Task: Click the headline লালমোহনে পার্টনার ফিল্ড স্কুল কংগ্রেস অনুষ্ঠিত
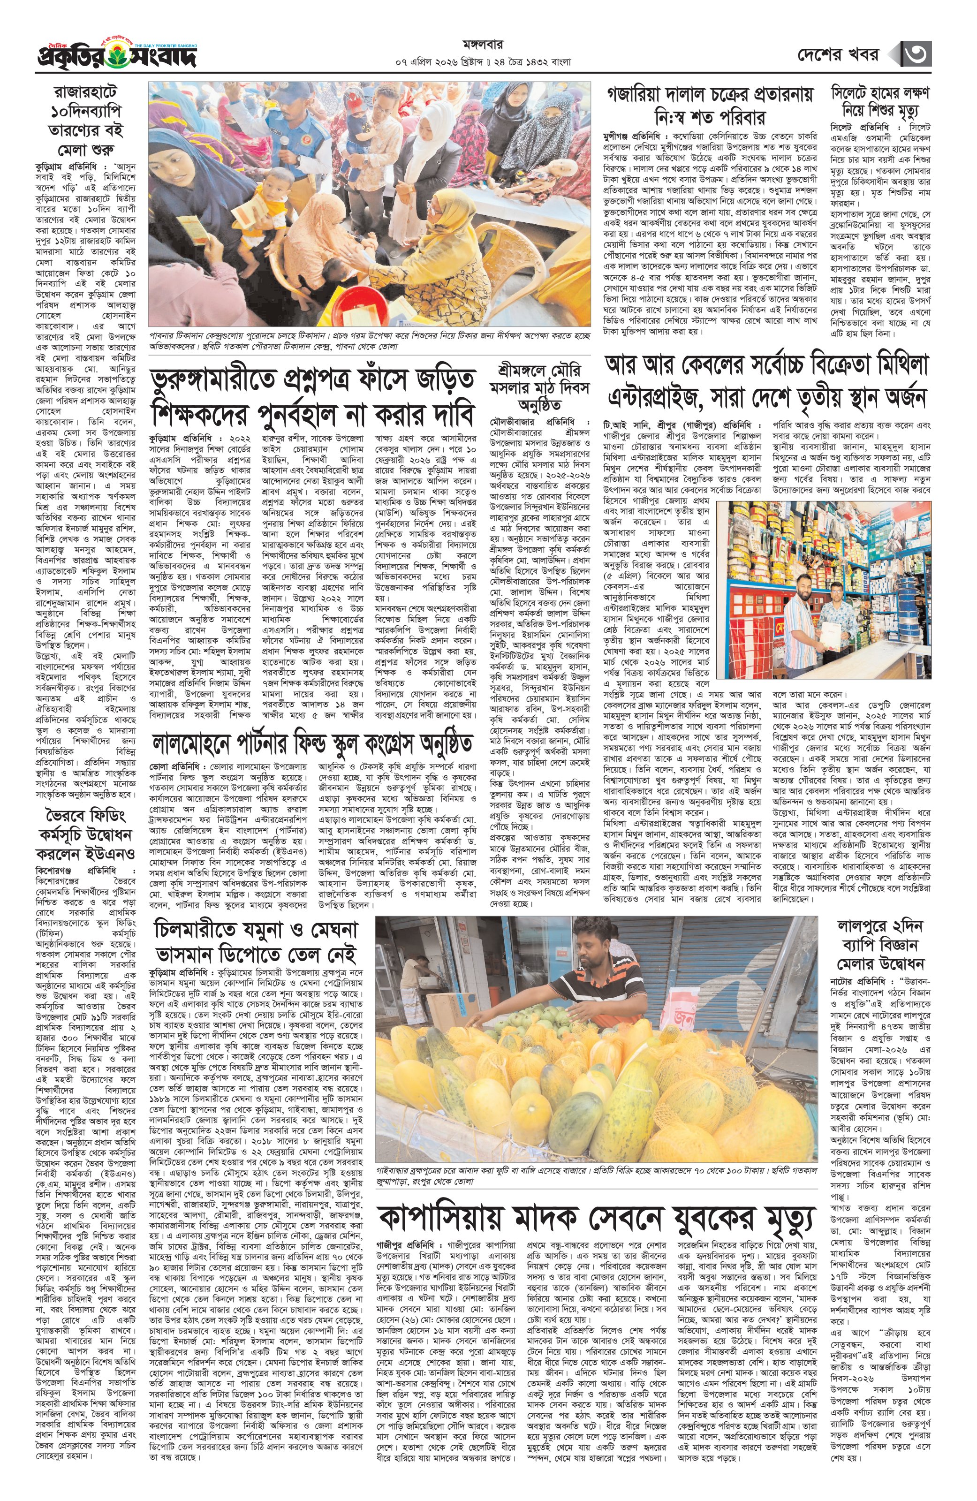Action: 312,743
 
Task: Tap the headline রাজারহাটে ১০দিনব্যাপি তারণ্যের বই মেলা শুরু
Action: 85,121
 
